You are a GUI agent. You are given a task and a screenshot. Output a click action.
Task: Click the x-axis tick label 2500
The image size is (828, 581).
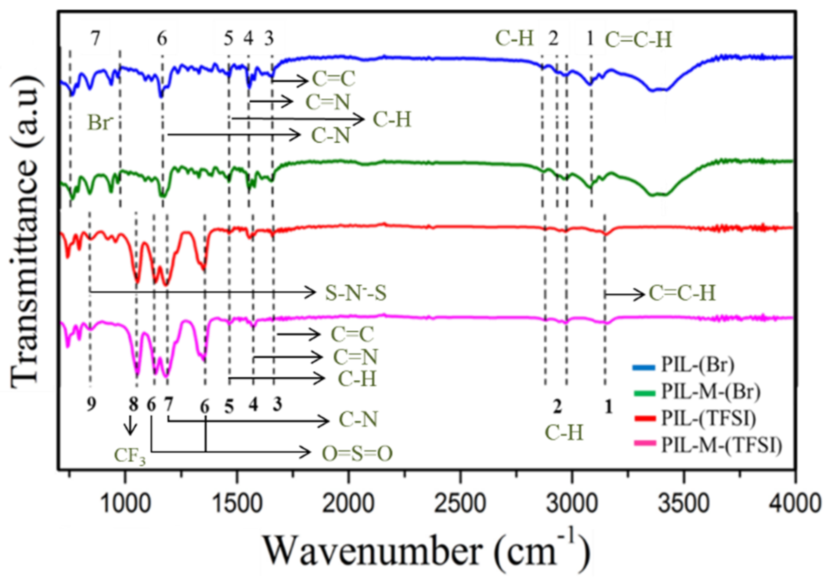tap(460, 504)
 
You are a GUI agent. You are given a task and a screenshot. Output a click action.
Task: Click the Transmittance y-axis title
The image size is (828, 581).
tap(26, 231)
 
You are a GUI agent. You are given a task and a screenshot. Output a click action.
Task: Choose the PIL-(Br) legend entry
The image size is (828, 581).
tap(697, 365)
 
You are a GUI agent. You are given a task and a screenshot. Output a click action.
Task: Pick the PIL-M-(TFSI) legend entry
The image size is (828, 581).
tap(721, 445)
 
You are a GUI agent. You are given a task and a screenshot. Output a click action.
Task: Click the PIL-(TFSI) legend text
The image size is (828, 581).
tap(709, 418)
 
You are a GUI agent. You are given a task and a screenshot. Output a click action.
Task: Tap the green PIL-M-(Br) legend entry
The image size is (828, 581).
tap(710, 391)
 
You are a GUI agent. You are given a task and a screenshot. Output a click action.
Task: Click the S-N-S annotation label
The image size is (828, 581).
tap(356, 293)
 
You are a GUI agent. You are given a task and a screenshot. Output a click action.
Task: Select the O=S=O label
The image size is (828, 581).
tap(357, 454)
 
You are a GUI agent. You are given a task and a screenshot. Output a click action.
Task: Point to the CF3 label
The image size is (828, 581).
tap(130, 456)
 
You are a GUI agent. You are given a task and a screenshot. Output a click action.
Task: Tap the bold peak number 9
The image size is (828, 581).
tap(91, 404)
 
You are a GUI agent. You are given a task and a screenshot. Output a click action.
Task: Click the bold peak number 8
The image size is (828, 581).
tap(133, 405)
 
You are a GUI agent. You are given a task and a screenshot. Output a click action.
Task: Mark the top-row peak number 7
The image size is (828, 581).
tap(96, 38)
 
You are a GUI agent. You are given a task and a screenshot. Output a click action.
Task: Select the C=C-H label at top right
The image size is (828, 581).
tap(638, 40)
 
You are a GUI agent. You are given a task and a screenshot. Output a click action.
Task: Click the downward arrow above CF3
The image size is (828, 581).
tap(131, 425)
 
